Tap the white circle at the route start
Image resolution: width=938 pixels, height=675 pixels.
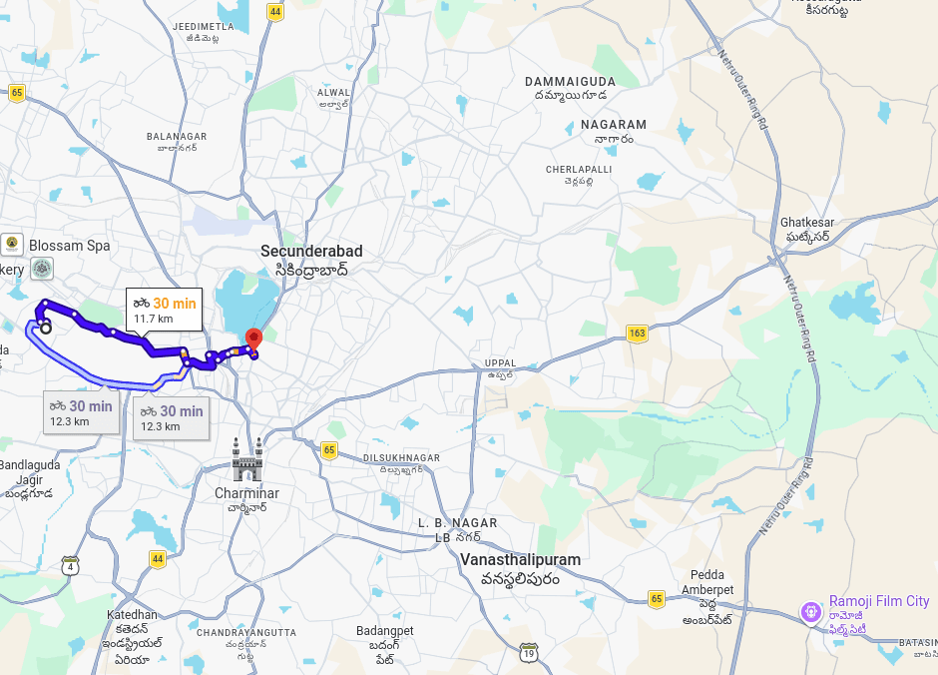coord(45,327)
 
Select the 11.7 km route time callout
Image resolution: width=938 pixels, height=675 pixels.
coord(164,309)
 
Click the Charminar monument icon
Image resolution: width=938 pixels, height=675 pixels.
coord(246,459)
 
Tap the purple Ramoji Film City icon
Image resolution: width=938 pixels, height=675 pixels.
coord(812,611)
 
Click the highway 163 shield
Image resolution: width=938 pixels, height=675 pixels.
coord(637,333)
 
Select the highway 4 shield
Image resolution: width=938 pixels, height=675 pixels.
coord(70,565)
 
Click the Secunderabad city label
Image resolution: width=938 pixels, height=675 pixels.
coord(311,252)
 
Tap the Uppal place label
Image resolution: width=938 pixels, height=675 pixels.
coord(500,363)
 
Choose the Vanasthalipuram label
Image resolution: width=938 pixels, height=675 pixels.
coord(520,560)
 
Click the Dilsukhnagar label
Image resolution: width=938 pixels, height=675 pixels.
coord(401,458)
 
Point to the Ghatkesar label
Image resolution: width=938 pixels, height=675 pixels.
coord(807,223)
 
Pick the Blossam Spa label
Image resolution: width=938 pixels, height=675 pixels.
coord(69,246)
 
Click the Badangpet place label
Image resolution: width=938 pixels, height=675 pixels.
coord(384,631)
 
